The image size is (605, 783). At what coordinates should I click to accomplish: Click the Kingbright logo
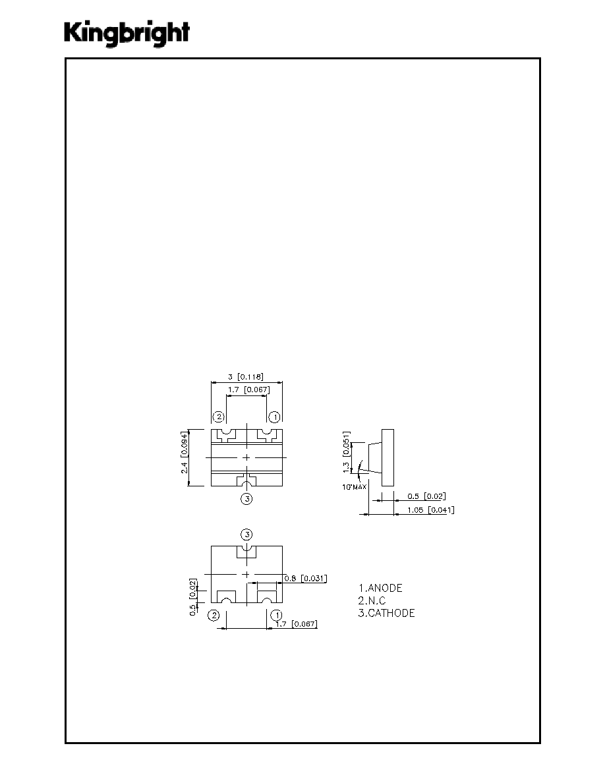127,34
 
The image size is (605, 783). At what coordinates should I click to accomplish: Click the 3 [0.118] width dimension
246,376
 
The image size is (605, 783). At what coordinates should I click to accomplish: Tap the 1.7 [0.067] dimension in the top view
248,390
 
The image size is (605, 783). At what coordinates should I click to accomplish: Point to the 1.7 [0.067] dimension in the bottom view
296,623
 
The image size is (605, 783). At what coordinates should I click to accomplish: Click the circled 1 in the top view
274,417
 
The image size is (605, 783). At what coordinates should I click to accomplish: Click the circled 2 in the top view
219,417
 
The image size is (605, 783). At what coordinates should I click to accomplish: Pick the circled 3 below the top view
246,498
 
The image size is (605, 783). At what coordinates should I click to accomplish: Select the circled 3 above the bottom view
246,535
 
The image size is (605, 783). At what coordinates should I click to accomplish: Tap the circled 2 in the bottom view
214,615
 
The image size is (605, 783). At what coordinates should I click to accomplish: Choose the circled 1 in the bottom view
276,615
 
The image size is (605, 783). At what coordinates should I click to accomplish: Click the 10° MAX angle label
355,487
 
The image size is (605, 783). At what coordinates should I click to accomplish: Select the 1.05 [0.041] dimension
431,510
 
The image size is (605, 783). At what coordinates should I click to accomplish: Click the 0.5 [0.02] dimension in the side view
426,496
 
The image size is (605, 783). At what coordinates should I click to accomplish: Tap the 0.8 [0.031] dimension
306,578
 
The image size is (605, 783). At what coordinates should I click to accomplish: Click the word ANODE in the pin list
385,589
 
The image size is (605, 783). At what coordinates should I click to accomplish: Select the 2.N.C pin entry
372,600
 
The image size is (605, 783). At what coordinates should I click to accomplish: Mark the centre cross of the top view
246,457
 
